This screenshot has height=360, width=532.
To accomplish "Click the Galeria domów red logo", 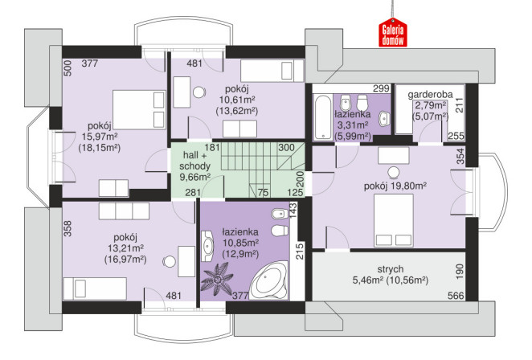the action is tap(392, 33).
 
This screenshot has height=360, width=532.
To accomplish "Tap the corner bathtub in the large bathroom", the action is tap(269, 281).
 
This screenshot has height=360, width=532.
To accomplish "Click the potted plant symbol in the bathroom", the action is tap(216, 278).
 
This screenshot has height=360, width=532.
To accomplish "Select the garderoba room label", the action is tap(430, 94).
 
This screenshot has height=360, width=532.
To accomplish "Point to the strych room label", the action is tap(391, 269).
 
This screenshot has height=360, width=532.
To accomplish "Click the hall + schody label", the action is tap(194, 161).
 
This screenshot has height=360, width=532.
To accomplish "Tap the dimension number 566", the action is tap(456, 296).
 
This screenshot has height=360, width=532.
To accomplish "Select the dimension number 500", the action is tap(68, 68).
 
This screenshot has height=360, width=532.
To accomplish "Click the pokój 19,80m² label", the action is tap(395, 186).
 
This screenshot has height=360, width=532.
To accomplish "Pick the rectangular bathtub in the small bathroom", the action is tap(323, 117).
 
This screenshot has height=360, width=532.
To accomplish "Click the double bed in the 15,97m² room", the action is tap(139, 109).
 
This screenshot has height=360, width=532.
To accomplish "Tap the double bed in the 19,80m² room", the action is tap(394, 220).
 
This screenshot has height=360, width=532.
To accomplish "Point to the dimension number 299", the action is tap(381, 88).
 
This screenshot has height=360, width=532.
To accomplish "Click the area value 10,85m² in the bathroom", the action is tap(241, 243).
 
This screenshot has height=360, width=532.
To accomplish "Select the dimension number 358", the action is tap(68, 228).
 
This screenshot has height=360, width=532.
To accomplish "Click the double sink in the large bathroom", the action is tap(207, 246).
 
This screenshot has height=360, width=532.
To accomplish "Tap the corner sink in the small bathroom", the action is tap(384, 118).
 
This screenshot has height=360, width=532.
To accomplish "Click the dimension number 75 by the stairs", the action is tap(263, 192).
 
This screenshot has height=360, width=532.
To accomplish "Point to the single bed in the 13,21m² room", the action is tap(95, 288).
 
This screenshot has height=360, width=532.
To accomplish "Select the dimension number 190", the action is tap(459, 272).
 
